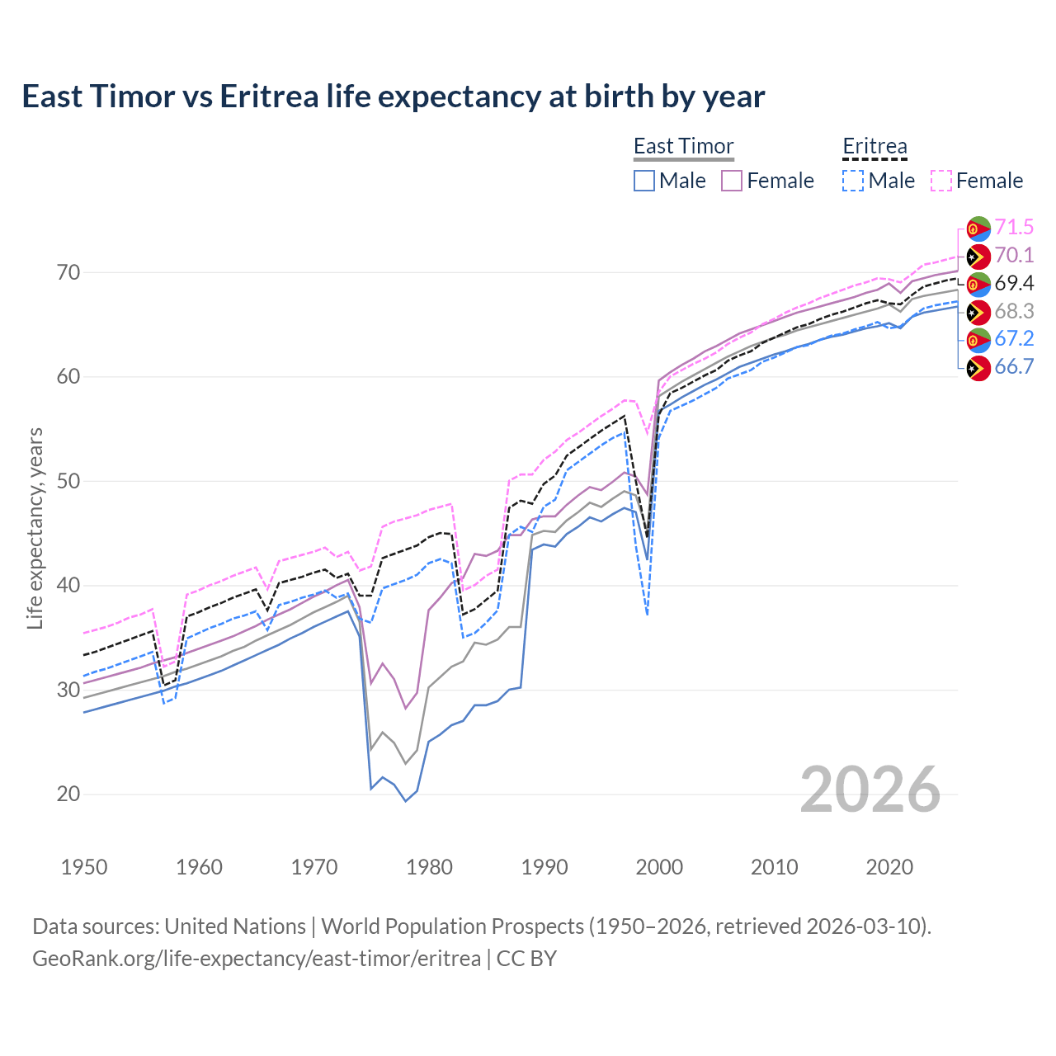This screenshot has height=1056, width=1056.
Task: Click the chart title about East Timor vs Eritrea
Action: coord(394,97)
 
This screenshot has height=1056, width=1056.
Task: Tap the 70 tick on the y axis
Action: coord(68,272)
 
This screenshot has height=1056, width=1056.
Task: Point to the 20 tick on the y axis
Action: coord(68,794)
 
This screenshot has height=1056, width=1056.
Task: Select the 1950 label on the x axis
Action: coord(84,867)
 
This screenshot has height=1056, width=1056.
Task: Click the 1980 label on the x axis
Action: coord(429,867)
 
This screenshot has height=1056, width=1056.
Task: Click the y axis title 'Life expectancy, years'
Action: coord(35,528)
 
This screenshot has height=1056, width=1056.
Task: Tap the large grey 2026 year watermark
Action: coord(870,790)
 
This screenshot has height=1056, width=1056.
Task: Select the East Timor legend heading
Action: coord(683,146)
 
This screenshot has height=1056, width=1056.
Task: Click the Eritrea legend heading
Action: coord(874,146)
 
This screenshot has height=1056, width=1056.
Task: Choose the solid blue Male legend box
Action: coord(644,181)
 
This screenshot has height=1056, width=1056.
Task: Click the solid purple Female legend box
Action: coord(732,181)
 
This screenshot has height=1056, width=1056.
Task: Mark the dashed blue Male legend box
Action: coord(853,181)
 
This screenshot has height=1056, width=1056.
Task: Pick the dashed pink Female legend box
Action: coord(941,181)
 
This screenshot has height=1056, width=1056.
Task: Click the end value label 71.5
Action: coord(1014,228)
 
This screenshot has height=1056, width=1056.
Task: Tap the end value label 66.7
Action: coord(1014,367)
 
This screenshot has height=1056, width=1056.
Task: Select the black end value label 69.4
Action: coord(1014,284)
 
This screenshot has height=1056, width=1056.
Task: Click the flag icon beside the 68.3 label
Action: coord(978,312)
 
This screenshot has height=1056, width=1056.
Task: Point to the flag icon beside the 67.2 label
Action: coord(978,339)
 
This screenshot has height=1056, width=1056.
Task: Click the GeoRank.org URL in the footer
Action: coord(257,959)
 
